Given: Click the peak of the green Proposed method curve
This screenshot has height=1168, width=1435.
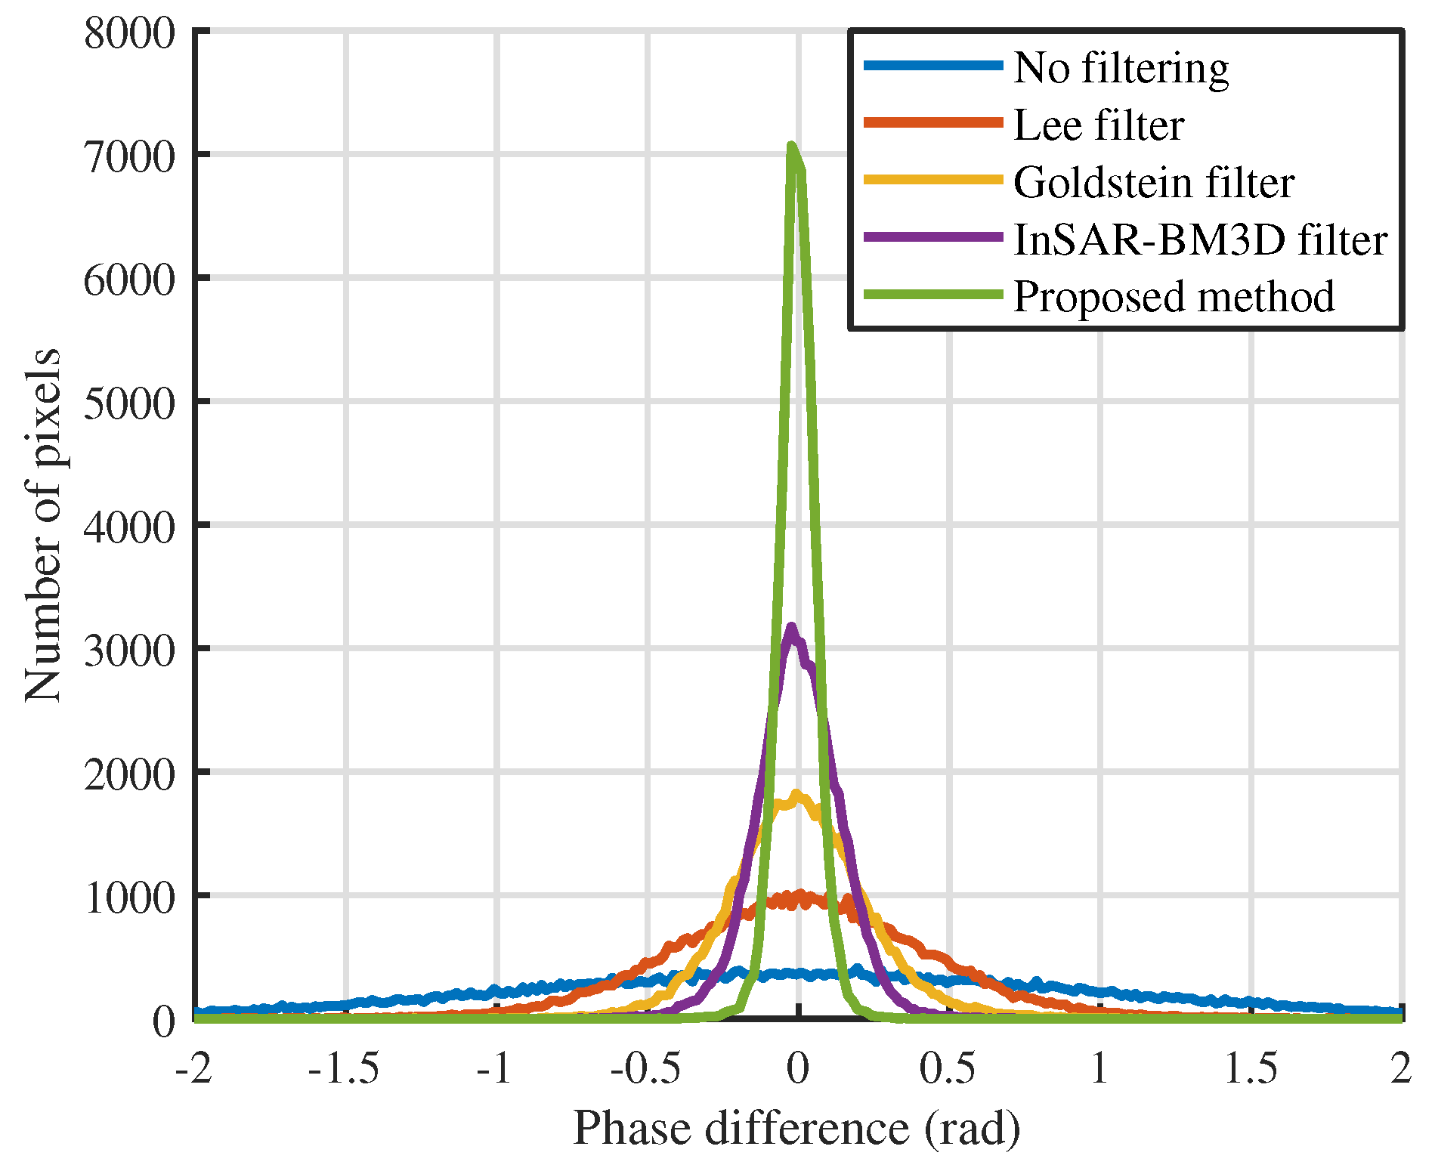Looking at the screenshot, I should [x=790, y=145].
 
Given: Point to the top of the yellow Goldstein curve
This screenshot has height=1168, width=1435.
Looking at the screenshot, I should [x=796, y=794].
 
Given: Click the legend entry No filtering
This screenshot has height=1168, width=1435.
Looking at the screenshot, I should [x=1121, y=68].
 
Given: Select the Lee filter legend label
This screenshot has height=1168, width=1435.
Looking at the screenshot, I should [x=1098, y=125].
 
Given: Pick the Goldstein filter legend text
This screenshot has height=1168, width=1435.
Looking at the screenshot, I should [x=1153, y=183].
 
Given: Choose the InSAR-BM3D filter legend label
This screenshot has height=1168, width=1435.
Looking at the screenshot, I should [x=1200, y=240].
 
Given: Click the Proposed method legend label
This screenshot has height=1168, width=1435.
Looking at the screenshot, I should [x=1174, y=296].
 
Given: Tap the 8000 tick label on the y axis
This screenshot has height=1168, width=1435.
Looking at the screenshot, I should [x=129, y=34].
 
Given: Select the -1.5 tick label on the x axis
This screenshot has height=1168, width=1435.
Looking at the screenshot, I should [x=344, y=1069].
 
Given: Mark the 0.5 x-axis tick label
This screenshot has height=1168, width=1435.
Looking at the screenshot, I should [x=948, y=1069].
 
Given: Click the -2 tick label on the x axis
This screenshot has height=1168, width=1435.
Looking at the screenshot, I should [x=193, y=1069].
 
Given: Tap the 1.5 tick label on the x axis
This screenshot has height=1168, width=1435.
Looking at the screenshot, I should [x=1250, y=1069].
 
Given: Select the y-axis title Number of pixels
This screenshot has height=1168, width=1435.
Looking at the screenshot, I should [x=42, y=524].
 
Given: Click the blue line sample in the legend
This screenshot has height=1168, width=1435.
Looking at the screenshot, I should [x=933, y=66].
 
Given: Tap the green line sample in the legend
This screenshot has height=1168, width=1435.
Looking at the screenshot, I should [x=933, y=295].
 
